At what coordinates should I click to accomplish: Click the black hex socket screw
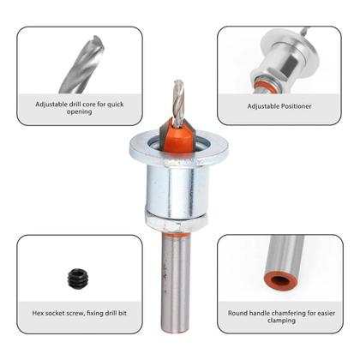[78, 278]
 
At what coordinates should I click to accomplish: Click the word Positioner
[297, 106]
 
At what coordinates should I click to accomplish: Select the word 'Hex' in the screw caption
[38, 313]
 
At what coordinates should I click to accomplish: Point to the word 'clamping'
[281, 321]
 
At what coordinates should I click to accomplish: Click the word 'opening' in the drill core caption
[79, 111]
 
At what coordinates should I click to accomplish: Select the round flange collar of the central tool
[179, 149]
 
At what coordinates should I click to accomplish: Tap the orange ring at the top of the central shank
[176, 235]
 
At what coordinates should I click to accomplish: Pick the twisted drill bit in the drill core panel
[81, 65]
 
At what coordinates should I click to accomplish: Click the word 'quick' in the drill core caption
[116, 105]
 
